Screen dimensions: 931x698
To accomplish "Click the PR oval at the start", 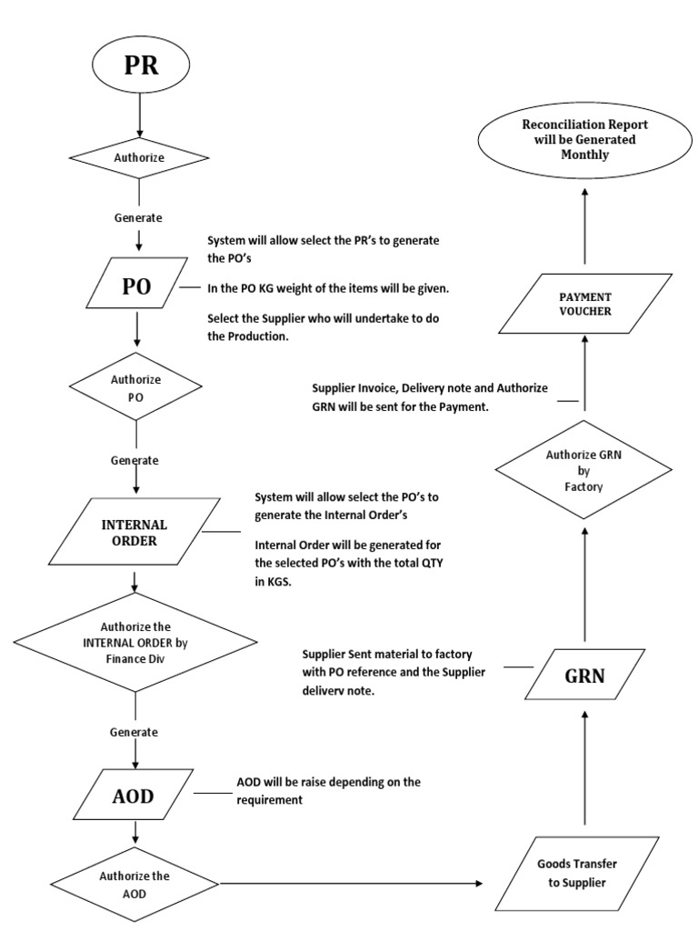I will click(139, 68).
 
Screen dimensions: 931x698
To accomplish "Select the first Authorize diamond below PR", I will click(139, 157).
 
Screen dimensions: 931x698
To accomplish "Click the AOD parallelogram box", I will click(134, 796).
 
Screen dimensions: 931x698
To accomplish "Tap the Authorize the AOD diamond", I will click(135, 883).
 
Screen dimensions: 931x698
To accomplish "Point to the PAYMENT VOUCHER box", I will click(584, 305).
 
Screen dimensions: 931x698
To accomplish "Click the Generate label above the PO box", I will click(138, 218).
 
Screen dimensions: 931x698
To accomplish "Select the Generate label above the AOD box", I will click(135, 732).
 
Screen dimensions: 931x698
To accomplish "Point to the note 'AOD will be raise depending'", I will click(328, 790).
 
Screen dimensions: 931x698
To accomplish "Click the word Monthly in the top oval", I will click(584, 155).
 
